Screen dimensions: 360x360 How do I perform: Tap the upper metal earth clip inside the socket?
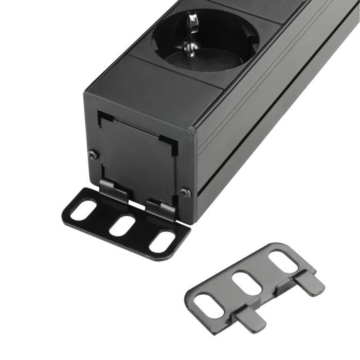click(193, 24)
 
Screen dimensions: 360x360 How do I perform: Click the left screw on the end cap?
click(93, 155)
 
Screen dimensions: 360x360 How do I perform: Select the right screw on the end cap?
click(185, 193)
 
